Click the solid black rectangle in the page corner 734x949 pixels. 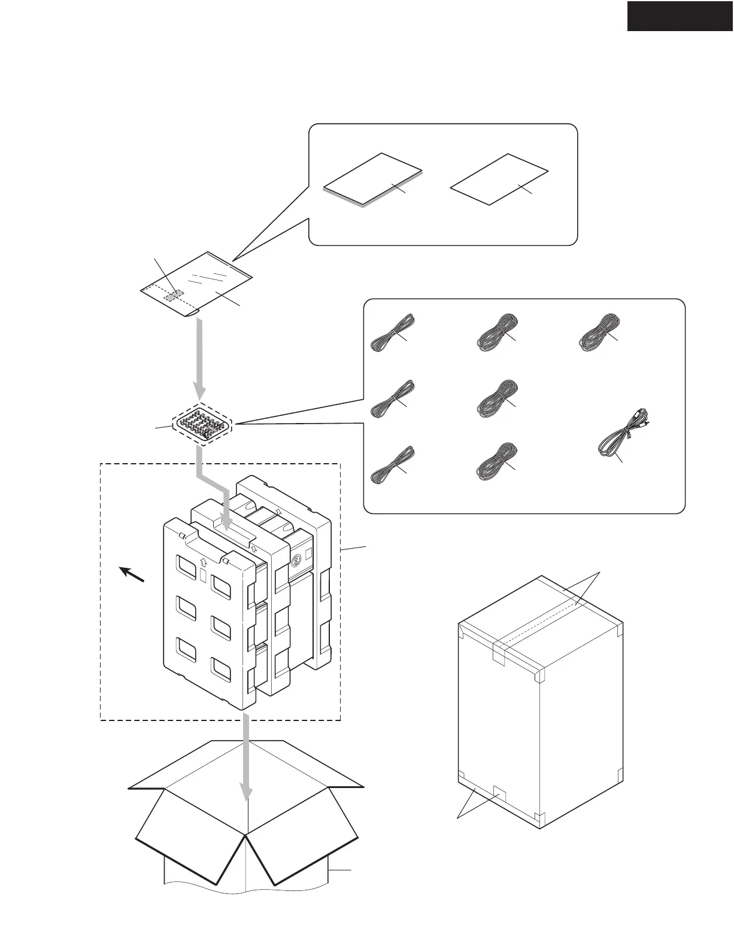click(680, 16)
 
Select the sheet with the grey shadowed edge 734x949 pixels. click(372, 179)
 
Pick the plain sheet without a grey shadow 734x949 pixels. click(499, 179)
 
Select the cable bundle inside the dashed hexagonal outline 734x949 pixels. click(202, 424)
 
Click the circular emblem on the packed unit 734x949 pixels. click(295, 562)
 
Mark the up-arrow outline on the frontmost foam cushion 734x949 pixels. click(204, 563)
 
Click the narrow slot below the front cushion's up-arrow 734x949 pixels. click(202, 577)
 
